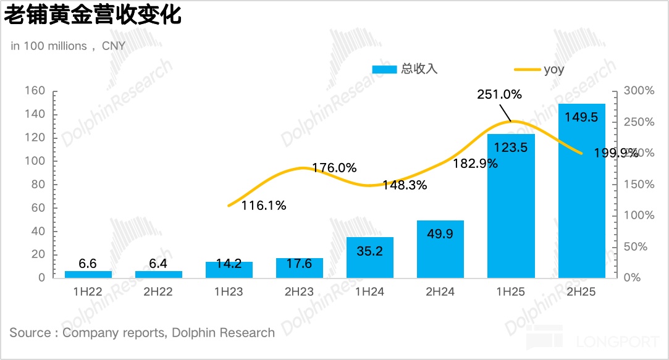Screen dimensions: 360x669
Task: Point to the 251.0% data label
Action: [x=499, y=94]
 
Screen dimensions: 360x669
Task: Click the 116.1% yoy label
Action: [x=264, y=206]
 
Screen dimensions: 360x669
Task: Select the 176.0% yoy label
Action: [x=334, y=167]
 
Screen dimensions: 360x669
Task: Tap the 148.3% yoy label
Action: [x=405, y=185]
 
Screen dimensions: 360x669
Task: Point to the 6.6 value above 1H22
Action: [x=88, y=264]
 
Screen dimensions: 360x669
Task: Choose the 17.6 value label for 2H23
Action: [x=300, y=264]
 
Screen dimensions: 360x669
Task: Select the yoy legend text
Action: [x=554, y=69]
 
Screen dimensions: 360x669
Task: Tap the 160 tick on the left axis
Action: [x=35, y=91]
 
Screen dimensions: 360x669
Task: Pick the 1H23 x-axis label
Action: [x=229, y=292]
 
